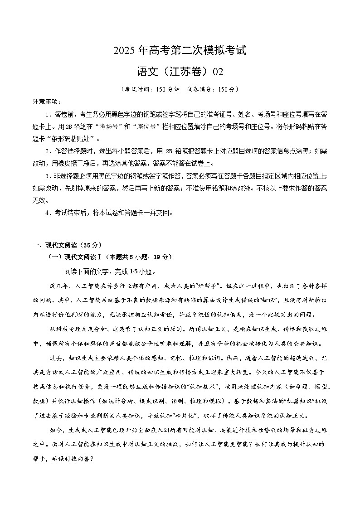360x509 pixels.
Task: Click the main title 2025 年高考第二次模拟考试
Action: pos(180,50)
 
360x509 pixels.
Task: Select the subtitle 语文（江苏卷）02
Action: pos(180,72)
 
